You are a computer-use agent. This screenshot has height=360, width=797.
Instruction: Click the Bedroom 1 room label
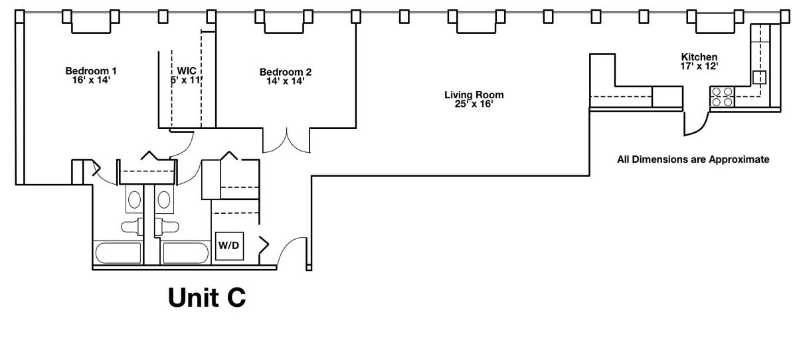(91, 71)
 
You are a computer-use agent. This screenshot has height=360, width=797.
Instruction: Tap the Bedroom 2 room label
(286, 72)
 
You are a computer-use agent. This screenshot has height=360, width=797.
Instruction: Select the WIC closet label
(187, 70)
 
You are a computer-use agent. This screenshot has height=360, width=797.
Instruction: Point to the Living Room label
(474, 95)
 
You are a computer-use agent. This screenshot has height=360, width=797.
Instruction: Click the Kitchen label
(699, 57)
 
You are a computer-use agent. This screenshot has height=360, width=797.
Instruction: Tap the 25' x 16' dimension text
(474, 104)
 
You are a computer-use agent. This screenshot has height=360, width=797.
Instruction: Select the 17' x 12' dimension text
(699, 66)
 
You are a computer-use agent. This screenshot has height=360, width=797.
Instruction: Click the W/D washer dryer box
(230, 246)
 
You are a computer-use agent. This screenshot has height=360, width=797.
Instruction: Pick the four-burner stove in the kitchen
(723, 97)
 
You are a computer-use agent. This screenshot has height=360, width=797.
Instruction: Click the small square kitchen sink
(759, 77)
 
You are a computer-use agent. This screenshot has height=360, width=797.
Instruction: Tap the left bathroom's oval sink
(134, 199)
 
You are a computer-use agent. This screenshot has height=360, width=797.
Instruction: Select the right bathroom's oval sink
(163, 199)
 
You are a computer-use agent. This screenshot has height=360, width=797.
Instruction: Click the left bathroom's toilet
(132, 226)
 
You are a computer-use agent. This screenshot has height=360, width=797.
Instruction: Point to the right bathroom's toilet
(167, 226)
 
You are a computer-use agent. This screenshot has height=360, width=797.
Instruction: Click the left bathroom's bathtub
(118, 253)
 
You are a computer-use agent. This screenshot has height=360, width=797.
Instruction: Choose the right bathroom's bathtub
(186, 253)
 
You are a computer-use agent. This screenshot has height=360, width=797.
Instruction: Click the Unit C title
(207, 298)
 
